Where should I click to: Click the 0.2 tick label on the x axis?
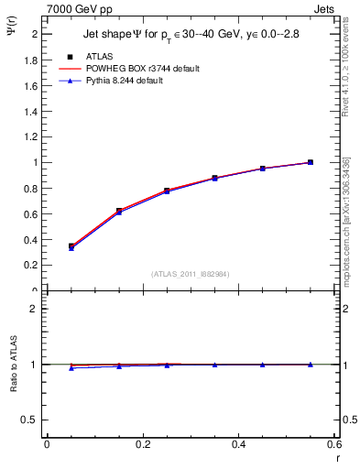[143, 444]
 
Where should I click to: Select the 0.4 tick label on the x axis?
[239, 444]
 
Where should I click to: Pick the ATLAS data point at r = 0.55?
[311, 162]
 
